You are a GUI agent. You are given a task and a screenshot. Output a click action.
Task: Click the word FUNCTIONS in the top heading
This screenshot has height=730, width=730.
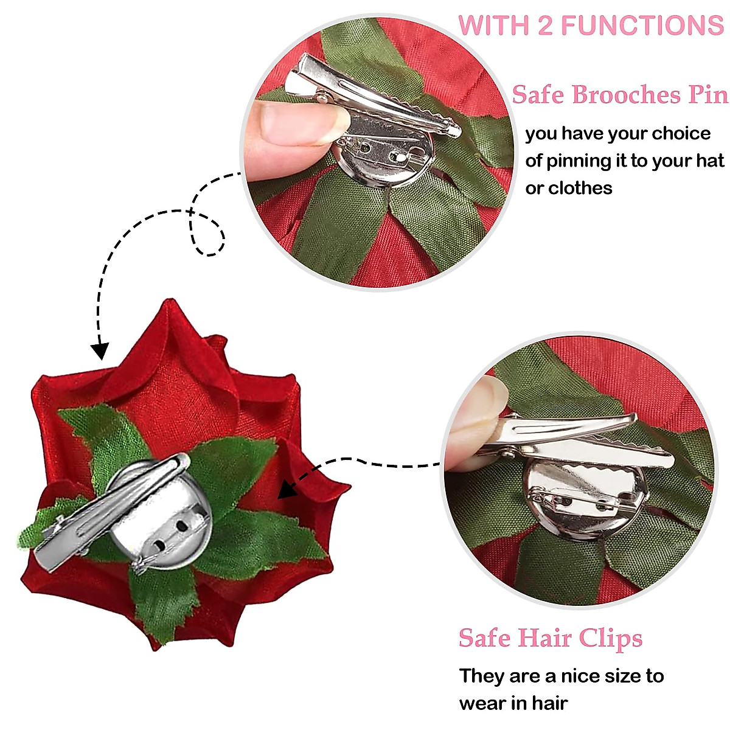click(x=642, y=26)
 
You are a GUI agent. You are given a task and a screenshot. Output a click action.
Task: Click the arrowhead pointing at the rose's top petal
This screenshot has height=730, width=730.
click(x=99, y=351)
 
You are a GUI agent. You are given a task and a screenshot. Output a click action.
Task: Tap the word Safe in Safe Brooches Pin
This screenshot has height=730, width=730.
click(x=539, y=95)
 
